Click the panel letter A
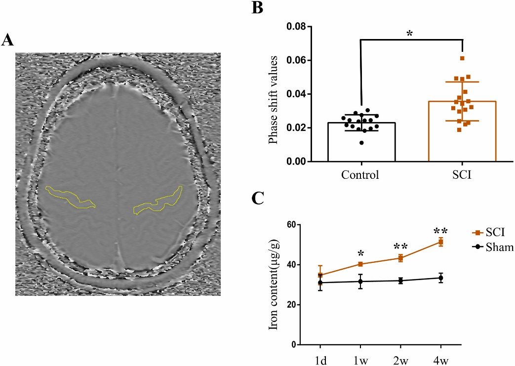point(7,40)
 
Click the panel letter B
point(257,8)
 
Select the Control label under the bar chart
point(360,175)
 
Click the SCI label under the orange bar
point(462,175)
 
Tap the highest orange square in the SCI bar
point(462,58)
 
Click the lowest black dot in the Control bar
point(362,143)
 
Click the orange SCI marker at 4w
point(440,242)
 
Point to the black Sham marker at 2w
point(400,281)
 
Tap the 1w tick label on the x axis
point(360,357)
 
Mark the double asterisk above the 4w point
point(440,231)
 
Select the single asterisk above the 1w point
point(361,254)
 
